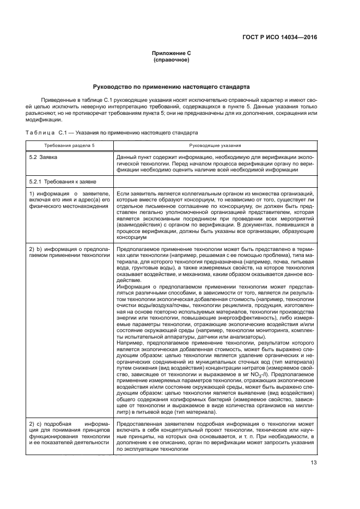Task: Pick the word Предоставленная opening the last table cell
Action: click(x=140, y=423)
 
